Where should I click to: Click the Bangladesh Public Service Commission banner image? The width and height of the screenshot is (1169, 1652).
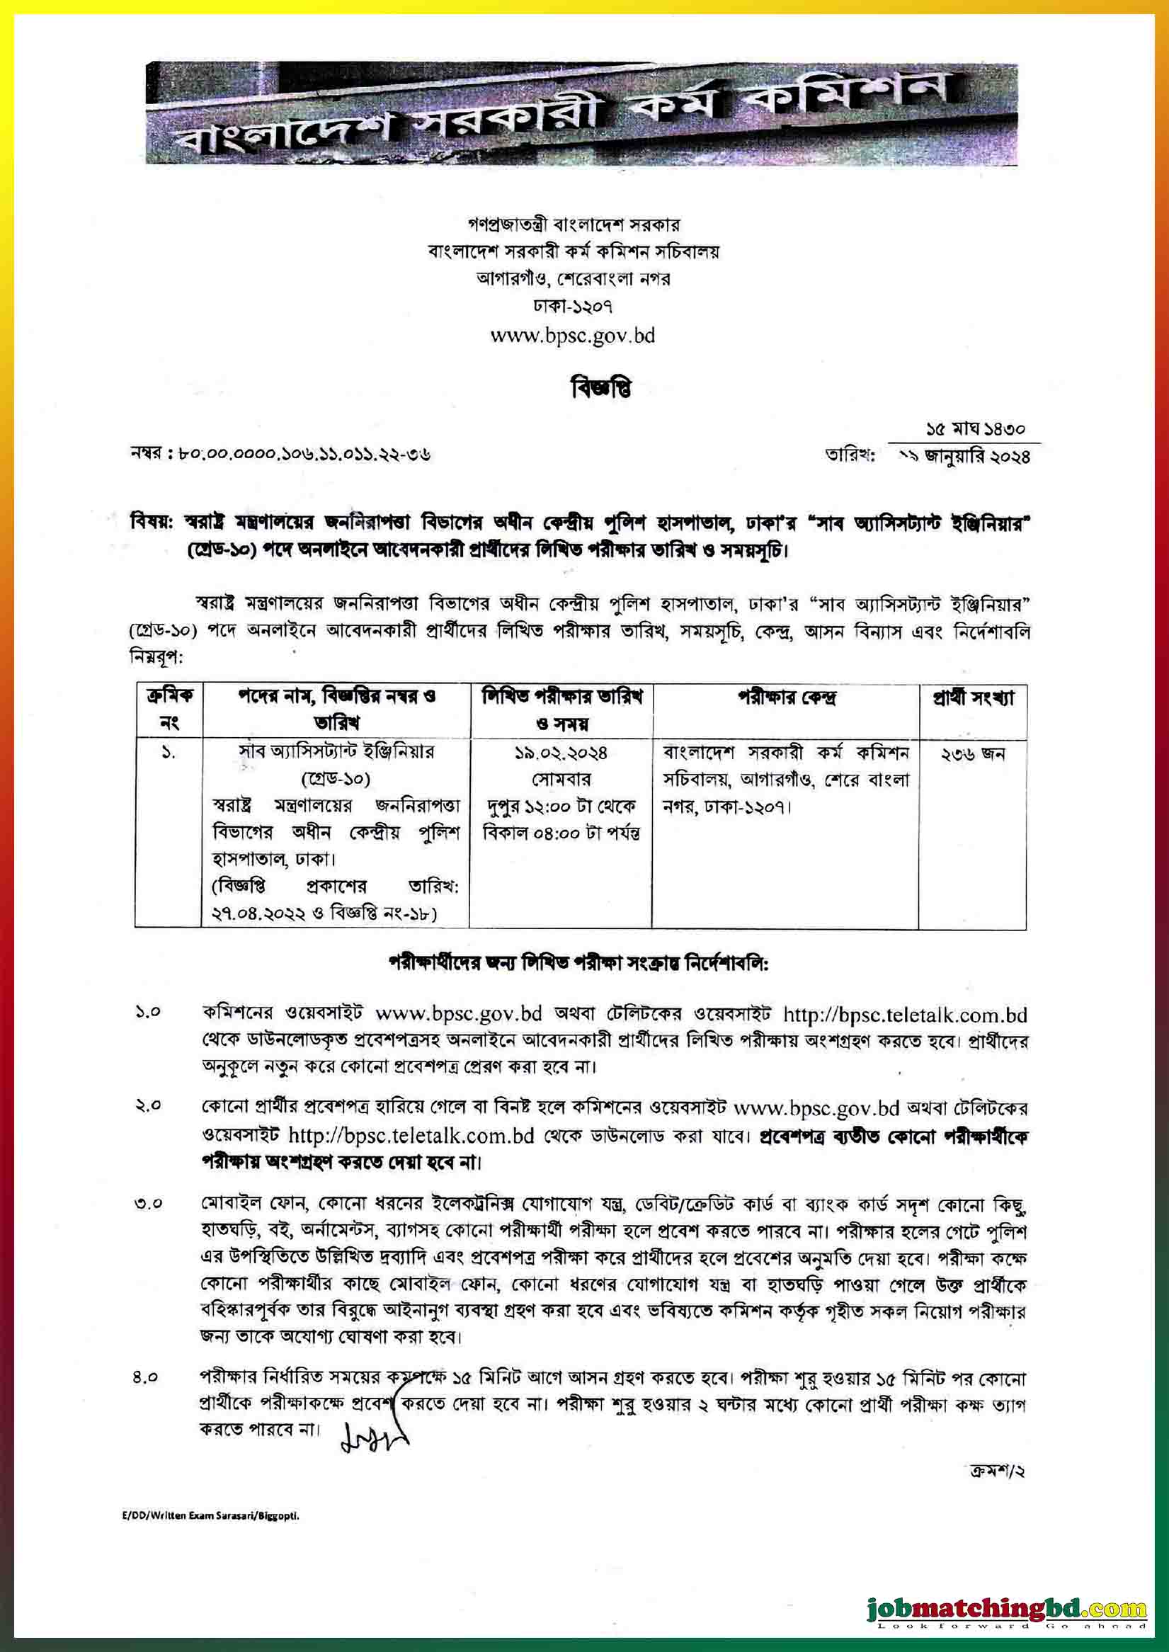(x=581, y=113)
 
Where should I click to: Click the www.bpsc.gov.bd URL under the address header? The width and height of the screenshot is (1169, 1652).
(x=572, y=336)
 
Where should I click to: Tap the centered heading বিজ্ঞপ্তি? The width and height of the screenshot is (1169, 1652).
(x=601, y=389)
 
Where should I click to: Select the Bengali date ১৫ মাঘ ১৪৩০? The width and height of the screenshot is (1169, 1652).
(x=975, y=430)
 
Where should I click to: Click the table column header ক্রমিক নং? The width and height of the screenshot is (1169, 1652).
(x=169, y=710)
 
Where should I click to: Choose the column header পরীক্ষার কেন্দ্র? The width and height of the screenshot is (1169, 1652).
(x=786, y=697)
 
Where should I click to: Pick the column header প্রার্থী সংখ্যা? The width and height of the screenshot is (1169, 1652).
(x=972, y=697)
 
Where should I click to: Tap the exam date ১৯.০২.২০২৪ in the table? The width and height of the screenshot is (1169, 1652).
(x=561, y=753)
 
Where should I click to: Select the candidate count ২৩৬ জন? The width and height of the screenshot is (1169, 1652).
(x=972, y=754)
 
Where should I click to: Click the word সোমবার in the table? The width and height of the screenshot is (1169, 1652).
(x=561, y=780)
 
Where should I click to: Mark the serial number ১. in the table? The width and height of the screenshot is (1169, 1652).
(x=169, y=753)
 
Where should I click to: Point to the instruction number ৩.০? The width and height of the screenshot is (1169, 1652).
(x=147, y=1204)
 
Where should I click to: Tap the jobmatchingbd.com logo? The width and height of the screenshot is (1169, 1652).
(x=1006, y=1589)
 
